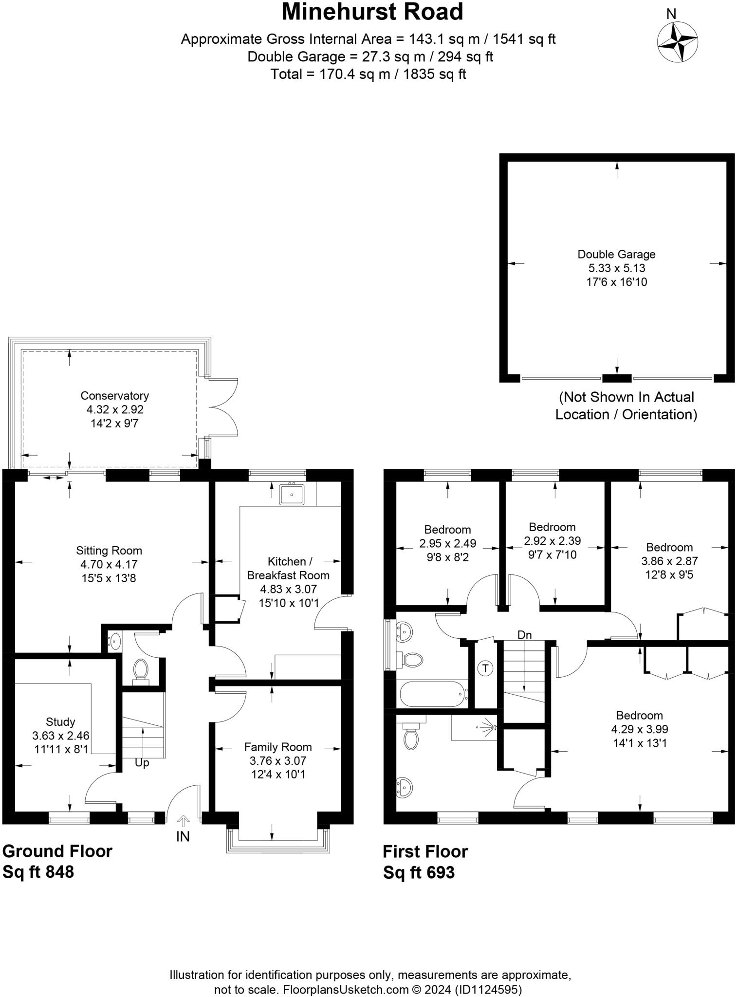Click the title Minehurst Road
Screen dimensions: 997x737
point(372,12)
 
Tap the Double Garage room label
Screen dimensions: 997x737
point(616,254)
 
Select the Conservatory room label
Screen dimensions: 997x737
point(114,396)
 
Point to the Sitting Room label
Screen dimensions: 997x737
point(109,551)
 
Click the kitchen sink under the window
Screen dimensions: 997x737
point(292,495)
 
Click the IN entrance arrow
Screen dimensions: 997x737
point(183,822)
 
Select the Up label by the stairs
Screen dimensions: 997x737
point(142,763)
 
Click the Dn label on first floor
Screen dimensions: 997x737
point(524,635)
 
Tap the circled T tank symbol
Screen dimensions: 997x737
point(485,668)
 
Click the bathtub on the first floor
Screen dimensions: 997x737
point(432,694)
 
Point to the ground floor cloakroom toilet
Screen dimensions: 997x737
point(141,670)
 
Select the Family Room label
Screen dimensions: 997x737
point(278,747)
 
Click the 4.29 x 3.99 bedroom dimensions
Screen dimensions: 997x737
point(639,729)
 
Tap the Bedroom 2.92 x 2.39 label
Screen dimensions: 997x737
point(552,527)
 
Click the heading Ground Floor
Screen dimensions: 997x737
point(57,851)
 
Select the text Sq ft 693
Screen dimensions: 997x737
point(419,872)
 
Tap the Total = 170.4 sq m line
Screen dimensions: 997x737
point(368,74)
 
